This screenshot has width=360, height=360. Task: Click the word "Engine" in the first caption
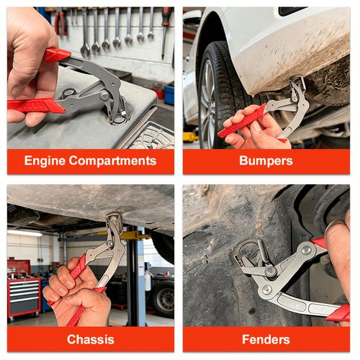pyautogui.click(x=47, y=161)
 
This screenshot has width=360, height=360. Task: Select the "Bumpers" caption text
pyautogui.click(x=265, y=161)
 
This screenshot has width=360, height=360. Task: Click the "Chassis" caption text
pyautogui.click(x=90, y=339)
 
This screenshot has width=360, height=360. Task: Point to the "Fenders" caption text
pyautogui.click(x=265, y=339)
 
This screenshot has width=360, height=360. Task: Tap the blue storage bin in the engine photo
pyautogui.click(x=168, y=94)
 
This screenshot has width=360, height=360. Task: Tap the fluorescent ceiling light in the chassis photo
pyautogui.click(x=25, y=233)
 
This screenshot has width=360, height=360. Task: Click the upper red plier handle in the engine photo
pyautogui.click(x=56, y=55)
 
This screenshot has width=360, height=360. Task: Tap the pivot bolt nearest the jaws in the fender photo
pyautogui.click(x=271, y=272)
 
